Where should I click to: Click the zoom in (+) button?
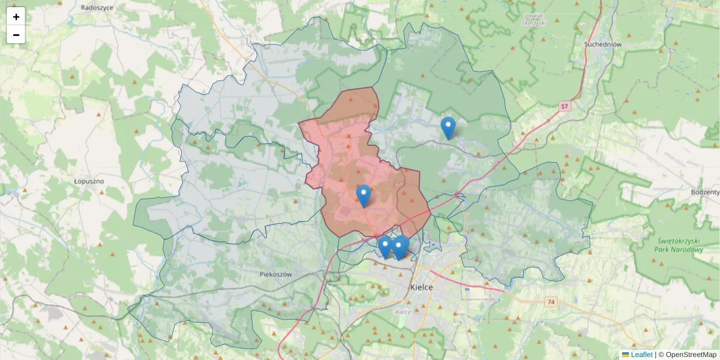tap(16, 17)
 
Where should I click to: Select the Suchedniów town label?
tap(602, 44)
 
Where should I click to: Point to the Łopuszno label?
tap(89, 181)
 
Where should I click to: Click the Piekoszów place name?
tap(276, 274)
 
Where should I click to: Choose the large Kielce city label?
tap(421, 287)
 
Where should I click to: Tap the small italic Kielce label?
tap(403, 312)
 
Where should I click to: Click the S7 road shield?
tap(564, 107)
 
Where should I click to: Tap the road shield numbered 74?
tap(551, 301)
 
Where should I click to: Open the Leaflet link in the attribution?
tap(641, 355)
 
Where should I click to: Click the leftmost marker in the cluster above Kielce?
tap(385, 247)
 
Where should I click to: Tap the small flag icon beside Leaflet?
tap(625, 355)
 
